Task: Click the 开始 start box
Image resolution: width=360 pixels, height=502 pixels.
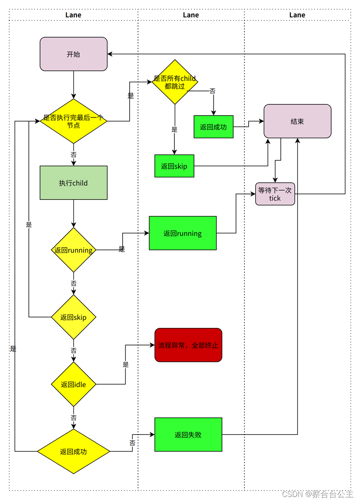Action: click(x=73, y=54)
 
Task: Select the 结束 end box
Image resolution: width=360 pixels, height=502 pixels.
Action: click(x=297, y=121)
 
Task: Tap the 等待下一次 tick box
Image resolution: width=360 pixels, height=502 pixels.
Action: click(x=275, y=194)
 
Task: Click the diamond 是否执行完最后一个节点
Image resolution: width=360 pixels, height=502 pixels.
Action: click(x=73, y=121)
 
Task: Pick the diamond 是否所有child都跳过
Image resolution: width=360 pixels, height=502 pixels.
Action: click(x=175, y=82)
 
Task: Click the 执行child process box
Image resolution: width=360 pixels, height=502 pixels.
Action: click(x=73, y=183)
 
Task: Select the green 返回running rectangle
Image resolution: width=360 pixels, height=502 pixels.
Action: click(x=183, y=233)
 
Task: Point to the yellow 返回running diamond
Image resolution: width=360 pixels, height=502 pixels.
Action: click(x=73, y=250)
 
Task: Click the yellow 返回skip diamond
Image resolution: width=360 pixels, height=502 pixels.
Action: click(x=73, y=317)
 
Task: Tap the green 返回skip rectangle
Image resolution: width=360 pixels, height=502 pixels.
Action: click(x=174, y=166)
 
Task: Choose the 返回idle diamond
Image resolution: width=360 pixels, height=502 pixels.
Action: click(x=73, y=384)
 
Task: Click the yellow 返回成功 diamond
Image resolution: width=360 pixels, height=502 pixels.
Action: click(x=73, y=451)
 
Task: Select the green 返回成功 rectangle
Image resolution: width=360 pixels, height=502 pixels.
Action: click(x=213, y=126)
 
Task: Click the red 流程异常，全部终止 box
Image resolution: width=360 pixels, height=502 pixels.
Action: click(x=188, y=345)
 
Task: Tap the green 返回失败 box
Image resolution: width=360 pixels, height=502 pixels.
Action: click(x=188, y=434)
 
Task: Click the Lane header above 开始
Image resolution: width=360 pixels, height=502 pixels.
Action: click(x=73, y=15)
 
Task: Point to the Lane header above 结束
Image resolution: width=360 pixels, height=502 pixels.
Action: click(x=297, y=15)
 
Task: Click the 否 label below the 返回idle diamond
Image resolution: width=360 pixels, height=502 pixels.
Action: click(x=73, y=418)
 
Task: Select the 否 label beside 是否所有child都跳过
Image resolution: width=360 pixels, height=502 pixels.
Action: click(x=212, y=91)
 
